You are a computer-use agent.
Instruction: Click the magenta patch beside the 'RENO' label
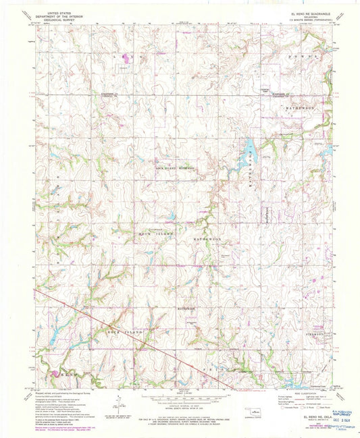tap(53, 370)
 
